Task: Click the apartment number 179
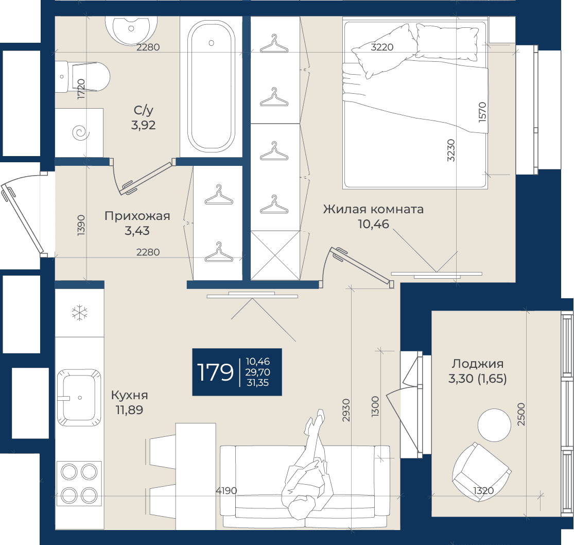215,372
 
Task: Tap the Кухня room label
130,395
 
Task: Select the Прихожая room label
137,216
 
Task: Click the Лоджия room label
477,364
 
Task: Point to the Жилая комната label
373,209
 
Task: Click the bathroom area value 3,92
143,125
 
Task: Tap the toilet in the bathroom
83,77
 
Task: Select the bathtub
211,87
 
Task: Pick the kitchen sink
79,398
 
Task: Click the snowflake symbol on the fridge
79,313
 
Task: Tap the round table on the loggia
494,425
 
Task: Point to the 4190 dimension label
226,490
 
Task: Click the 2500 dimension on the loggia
521,414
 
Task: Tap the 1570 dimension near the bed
482,112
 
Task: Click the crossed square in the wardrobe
275,256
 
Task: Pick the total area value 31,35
258,383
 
